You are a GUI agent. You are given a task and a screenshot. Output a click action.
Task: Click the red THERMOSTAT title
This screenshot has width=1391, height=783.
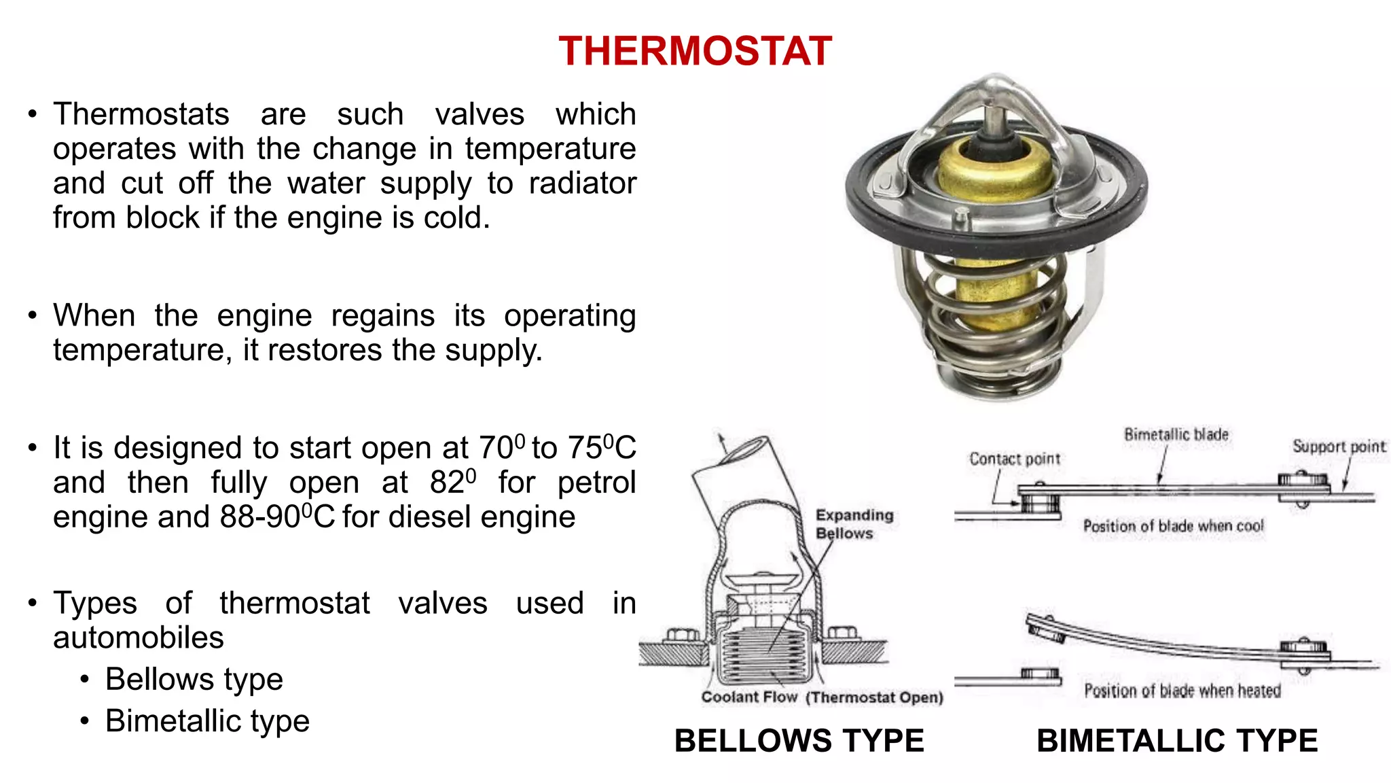pos(695,51)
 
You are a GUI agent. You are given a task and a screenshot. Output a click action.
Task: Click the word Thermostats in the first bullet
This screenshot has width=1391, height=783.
pos(141,114)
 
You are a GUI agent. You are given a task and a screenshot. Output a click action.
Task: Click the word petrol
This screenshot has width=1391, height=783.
pos(596,483)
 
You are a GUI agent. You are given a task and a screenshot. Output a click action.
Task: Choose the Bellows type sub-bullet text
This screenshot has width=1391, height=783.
pos(194,679)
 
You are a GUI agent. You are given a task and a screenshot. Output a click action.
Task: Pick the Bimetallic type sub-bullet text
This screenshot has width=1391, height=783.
pos(207,720)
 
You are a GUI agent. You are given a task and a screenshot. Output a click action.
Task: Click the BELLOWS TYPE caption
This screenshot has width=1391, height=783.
pos(799,740)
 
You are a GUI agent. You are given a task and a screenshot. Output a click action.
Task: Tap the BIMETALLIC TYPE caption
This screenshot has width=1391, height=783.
pos(1177,740)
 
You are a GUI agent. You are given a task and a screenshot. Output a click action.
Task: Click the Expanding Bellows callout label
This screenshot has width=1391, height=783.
pos(854,524)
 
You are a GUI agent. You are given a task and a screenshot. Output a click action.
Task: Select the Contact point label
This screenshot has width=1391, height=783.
pos(1015,459)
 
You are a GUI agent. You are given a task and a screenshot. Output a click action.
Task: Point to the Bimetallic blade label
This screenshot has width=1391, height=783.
pos(1176,434)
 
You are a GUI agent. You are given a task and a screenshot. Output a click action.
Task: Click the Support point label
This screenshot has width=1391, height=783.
pos(1339,447)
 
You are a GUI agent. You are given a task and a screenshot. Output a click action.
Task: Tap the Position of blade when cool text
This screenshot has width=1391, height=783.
pos(1173,526)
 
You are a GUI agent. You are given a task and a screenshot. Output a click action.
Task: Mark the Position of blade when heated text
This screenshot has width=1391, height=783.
pos(1182,691)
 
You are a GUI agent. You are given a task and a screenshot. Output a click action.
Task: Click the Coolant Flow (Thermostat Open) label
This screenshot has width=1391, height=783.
pos(822,697)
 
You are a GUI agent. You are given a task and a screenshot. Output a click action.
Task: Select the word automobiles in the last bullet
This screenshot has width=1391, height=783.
pos(139,638)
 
